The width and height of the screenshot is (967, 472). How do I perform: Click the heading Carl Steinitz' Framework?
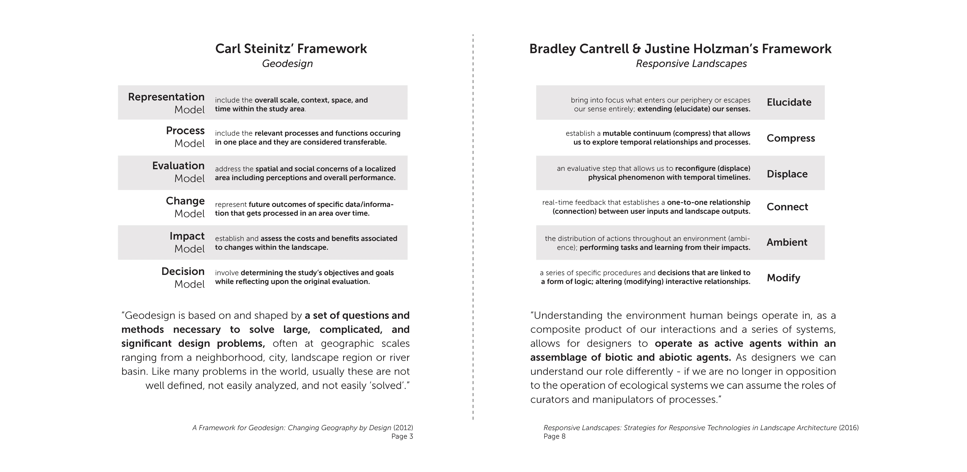[291, 49]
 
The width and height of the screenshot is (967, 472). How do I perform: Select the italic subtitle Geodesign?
[287, 63]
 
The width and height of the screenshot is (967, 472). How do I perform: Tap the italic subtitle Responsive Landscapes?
[691, 63]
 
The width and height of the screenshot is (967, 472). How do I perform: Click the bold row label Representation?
[166, 97]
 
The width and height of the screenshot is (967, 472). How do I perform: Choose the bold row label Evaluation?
[178, 166]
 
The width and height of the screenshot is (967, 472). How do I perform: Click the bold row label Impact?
[187, 236]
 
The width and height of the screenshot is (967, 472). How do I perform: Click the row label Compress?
[791, 138]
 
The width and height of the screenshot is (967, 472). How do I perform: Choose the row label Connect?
[787, 207]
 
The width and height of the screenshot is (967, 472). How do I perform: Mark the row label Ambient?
[787, 242]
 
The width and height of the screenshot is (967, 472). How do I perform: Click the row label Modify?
[783, 278]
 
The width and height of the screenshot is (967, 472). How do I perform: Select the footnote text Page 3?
[402, 436]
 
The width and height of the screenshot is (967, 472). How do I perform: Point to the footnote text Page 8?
[554, 436]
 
